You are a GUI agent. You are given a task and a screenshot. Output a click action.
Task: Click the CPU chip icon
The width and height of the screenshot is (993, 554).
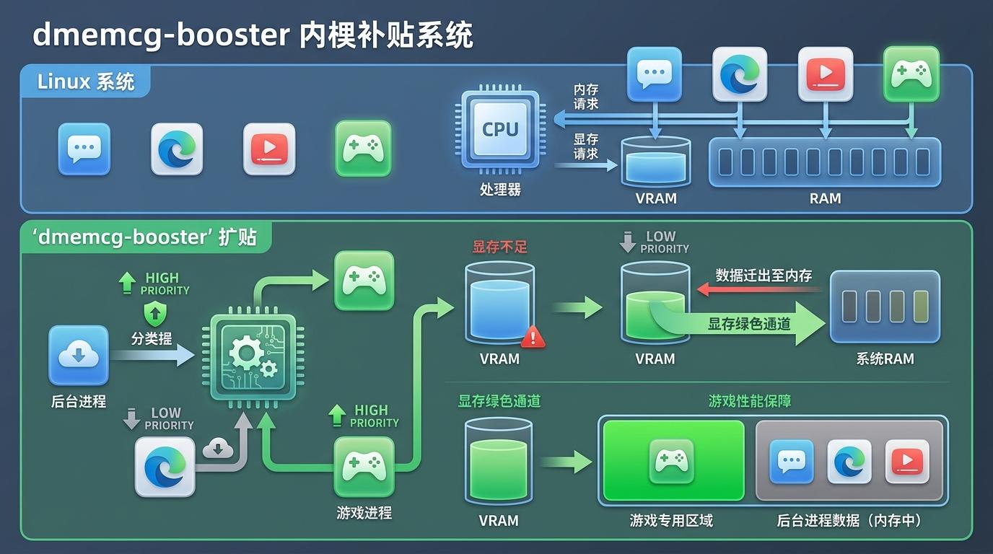click(499, 130)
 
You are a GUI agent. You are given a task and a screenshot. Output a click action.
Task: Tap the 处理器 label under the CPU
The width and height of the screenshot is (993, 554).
click(499, 190)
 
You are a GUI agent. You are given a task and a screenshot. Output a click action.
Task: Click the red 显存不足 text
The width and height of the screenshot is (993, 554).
click(499, 247)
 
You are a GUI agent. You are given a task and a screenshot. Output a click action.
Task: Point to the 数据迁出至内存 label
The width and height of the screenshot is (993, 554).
click(764, 276)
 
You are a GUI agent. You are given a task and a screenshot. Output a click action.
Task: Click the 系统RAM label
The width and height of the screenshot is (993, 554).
click(885, 359)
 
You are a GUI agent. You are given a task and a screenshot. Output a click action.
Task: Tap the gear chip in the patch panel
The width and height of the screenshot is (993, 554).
click(252, 357)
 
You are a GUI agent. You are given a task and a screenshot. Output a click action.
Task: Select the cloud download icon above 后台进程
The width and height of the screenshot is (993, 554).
click(78, 355)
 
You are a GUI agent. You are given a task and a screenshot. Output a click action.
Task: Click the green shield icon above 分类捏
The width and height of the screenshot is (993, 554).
click(154, 315)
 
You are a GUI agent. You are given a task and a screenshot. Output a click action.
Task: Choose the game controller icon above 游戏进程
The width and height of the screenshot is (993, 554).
click(364, 466)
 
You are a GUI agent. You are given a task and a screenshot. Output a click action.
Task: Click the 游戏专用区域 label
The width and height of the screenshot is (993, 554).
click(671, 520)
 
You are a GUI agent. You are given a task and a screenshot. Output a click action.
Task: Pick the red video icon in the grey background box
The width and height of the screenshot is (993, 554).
click(906, 461)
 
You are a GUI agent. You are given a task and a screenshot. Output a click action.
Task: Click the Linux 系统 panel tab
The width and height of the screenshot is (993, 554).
click(86, 82)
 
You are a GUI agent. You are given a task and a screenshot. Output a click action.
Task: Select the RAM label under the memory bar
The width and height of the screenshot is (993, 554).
click(825, 198)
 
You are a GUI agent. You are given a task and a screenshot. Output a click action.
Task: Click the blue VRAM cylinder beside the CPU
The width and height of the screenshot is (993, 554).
click(655, 162)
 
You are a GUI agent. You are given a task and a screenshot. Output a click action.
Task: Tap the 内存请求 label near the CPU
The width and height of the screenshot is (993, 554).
click(585, 96)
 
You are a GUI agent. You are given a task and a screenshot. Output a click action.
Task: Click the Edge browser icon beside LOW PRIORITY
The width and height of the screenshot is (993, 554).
click(165, 467)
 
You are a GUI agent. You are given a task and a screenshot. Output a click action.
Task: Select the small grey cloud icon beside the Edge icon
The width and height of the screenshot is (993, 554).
click(218, 448)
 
